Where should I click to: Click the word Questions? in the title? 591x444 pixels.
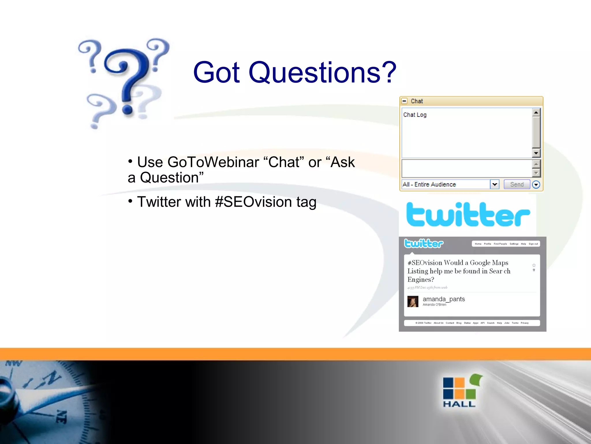click(322, 72)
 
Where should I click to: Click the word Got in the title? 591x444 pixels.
click(216, 72)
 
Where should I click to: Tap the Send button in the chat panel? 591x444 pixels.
click(517, 184)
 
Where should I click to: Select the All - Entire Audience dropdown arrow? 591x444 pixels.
click(495, 184)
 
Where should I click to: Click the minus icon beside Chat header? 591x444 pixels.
click(405, 101)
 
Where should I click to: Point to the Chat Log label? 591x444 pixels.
click(415, 115)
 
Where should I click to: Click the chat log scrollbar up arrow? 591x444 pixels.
click(536, 112)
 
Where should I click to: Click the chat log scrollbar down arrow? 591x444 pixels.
click(536, 153)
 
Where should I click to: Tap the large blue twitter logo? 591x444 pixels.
click(468, 214)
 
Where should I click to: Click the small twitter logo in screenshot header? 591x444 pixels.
click(423, 243)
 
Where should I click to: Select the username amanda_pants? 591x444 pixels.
click(444, 299)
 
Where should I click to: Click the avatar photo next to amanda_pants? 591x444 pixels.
click(413, 301)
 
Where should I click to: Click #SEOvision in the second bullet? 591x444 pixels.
click(253, 202)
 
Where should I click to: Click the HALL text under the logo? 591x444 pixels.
click(459, 404)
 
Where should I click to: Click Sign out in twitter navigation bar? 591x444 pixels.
click(533, 244)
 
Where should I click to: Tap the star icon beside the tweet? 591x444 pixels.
click(534, 265)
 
